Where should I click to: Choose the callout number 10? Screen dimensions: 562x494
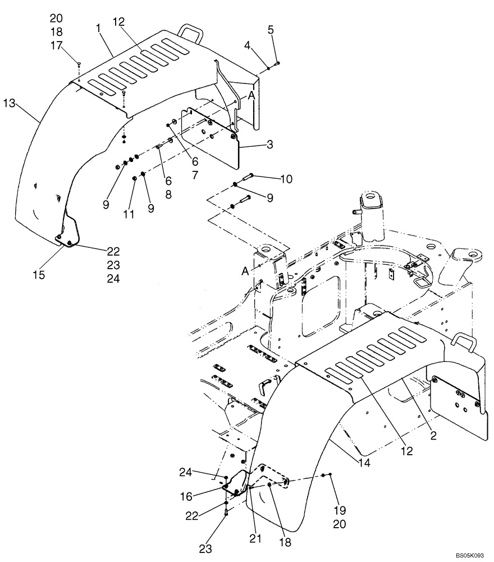pyautogui.click(x=286, y=179)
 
